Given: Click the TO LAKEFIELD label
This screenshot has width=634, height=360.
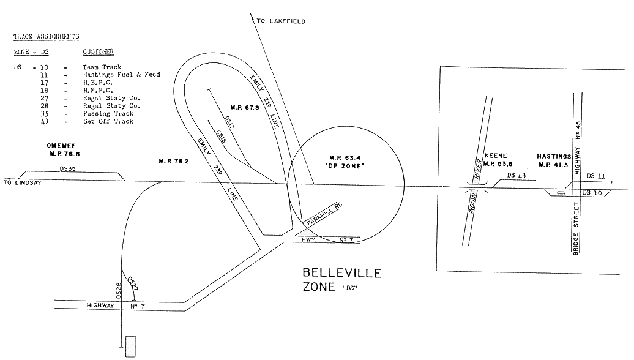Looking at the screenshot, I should click(281, 21).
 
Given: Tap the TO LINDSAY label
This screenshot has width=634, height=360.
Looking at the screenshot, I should click(21, 183).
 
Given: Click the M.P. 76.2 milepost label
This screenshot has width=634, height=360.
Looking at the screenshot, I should click(173, 162).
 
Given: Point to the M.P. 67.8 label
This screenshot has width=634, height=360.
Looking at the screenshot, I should click(239, 106).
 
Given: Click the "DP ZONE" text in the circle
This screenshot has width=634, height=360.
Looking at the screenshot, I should click(347, 167).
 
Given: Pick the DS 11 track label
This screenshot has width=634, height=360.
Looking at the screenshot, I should click(595, 176).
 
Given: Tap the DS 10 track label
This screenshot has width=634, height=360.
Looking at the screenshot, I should click(592, 192).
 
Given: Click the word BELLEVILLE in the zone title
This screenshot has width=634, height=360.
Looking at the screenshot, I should click(342, 272).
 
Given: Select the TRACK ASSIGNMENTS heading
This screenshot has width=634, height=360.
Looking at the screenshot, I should click(47, 37).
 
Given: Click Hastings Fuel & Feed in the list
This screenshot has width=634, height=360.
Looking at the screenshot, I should click(121, 75).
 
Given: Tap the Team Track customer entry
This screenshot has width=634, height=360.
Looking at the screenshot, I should click(102, 67).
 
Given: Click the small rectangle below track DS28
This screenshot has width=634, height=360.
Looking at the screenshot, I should click(129, 347).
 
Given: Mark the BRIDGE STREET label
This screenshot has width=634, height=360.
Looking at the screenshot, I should click(576, 233).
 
